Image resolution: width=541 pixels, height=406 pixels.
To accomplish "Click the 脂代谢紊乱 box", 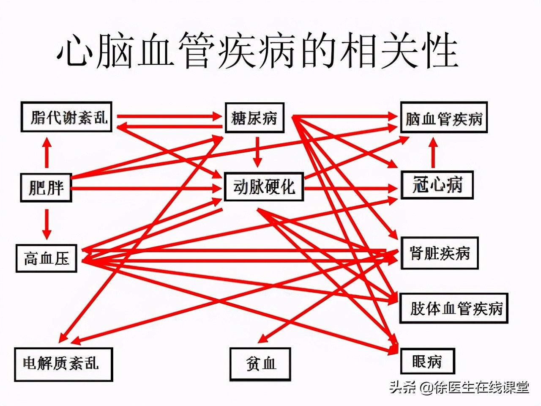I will point(66,117).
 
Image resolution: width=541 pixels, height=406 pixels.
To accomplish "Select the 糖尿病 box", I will point(254,118).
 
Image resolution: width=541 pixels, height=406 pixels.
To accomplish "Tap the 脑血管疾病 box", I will point(444,118).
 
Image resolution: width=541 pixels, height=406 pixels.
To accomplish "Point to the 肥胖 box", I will point(46,187).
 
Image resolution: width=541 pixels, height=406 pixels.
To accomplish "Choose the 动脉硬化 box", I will point(264,187).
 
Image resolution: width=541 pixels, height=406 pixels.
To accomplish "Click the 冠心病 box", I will point(437,185).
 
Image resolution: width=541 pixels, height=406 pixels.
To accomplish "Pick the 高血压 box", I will point(46,258).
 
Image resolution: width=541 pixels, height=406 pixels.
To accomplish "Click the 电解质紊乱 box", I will point(63,364).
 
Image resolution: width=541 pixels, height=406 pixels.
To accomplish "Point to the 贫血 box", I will point(260,364).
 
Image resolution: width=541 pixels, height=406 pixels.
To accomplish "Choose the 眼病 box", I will point(427,361).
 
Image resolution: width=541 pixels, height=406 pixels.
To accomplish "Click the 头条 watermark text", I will point(402,387).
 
